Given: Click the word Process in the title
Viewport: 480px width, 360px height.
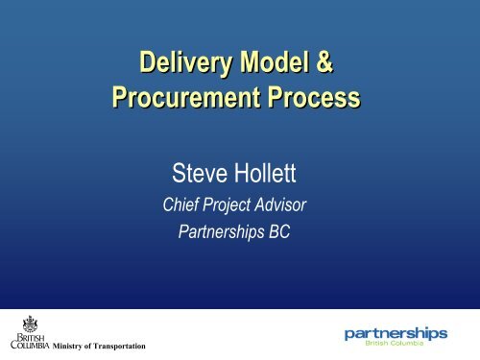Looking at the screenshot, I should (x=308, y=98).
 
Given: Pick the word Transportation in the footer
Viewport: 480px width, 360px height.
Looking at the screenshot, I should (x=119, y=346).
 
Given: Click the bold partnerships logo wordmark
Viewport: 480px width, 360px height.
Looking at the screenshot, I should (x=396, y=333).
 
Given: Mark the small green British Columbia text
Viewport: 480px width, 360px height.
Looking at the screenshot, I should (x=415, y=345).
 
